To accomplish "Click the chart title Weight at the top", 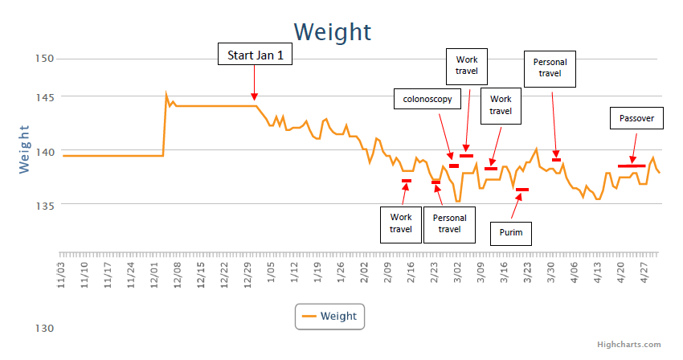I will (x=332, y=31).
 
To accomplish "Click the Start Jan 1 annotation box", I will (x=256, y=55).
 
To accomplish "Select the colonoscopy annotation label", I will (x=427, y=100).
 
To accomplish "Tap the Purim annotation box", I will (x=516, y=233).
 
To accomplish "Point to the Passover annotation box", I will (x=636, y=119).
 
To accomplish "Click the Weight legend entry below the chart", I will (x=329, y=317).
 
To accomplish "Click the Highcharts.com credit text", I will (x=630, y=344).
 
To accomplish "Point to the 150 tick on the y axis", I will (x=44, y=59).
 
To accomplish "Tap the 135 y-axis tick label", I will (x=44, y=205).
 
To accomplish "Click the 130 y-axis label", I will (x=44, y=328).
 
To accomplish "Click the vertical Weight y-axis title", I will (x=24, y=149).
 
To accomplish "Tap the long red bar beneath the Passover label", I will (x=631, y=166).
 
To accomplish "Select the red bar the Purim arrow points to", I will (x=522, y=190).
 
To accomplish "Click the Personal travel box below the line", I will (x=449, y=223).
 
